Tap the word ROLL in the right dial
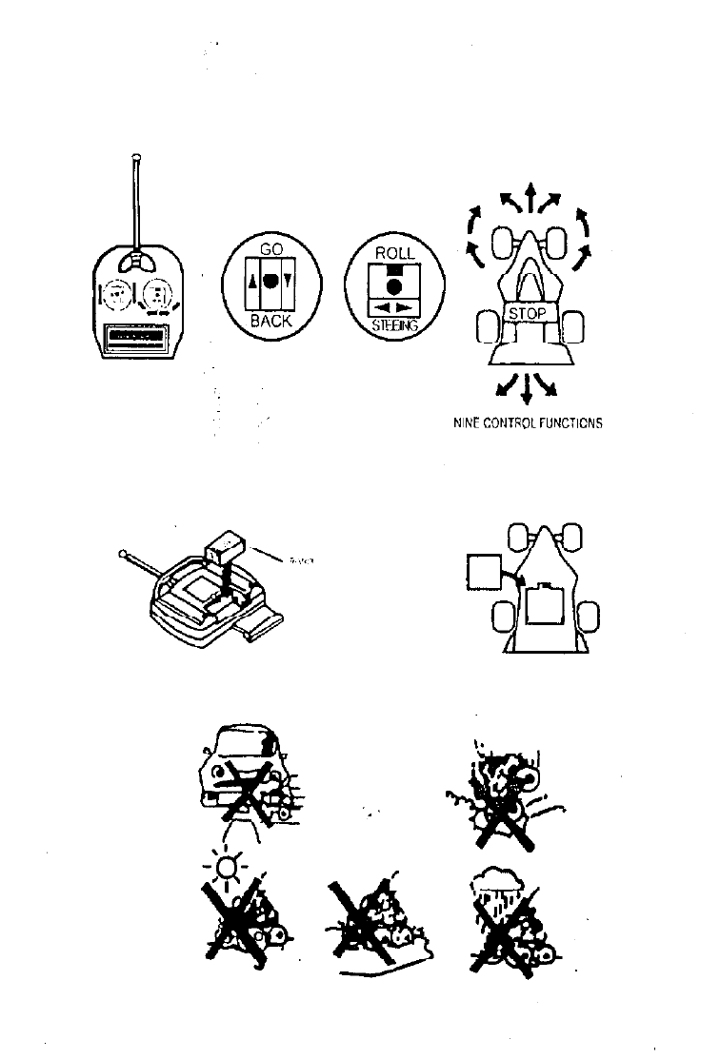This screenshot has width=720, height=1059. [x=393, y=254]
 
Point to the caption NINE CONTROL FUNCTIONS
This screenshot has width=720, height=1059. [x=529, y=424]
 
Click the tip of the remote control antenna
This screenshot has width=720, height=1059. [x=138, y=156]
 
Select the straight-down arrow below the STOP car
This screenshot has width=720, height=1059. [x=526, y=391]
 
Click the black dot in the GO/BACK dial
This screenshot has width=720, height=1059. [x=270, y=282]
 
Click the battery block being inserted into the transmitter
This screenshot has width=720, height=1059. [x=224, y=549]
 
